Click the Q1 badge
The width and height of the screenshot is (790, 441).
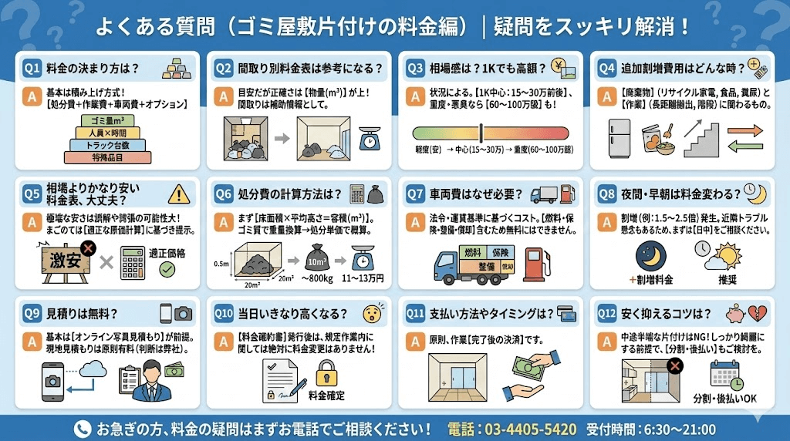(x=32, y=67)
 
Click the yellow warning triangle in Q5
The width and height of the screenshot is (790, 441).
(x=178, y=193)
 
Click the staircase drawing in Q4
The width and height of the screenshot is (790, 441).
(x=701, y=138)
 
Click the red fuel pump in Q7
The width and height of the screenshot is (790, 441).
(x=535, y=262)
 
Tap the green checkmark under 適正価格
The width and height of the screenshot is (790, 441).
(x=167, y=270)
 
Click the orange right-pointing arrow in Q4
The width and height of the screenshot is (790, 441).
(x=745, y=128)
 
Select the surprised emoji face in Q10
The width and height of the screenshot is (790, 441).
(x=373, y=314)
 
